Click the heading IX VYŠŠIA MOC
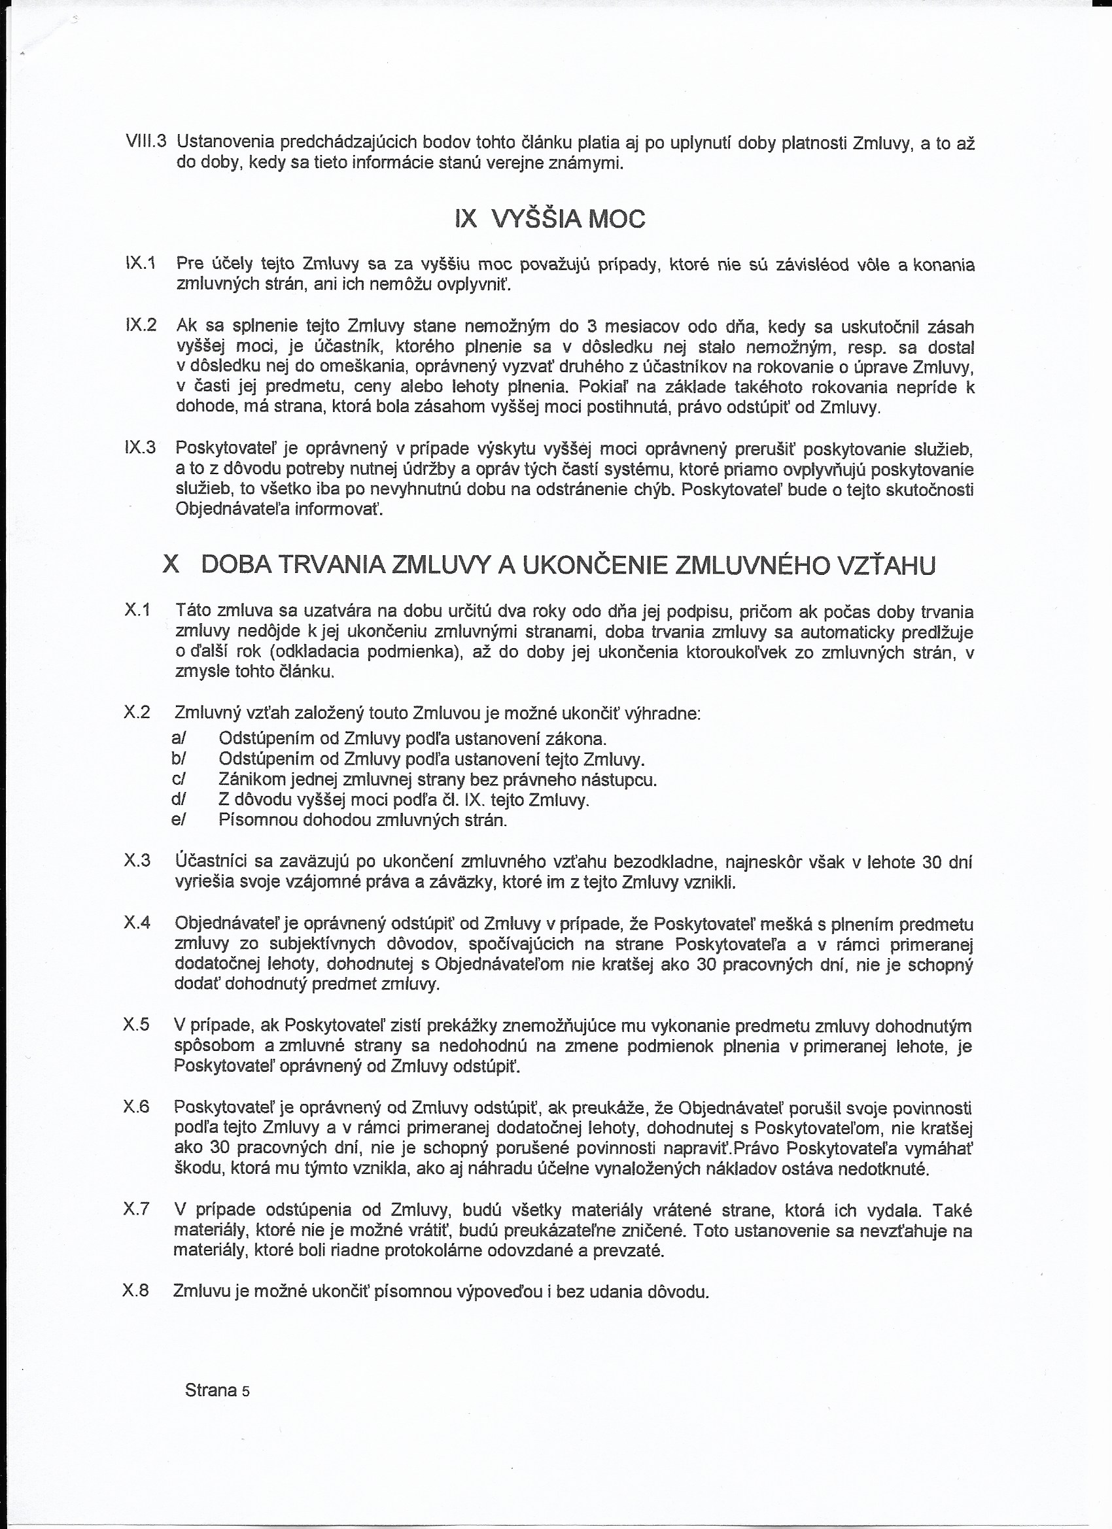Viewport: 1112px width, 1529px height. (x=549, y=219)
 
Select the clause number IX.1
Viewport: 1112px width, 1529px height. (x=140, y=263)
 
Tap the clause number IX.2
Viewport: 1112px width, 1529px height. (x=141, y=325)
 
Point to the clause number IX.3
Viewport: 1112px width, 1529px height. (x=140, y=447)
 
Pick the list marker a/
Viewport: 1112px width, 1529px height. (x=179, y=738)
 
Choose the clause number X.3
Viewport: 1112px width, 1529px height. (x=137, y=860)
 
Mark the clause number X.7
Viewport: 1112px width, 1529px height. (x=136, y=1209)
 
